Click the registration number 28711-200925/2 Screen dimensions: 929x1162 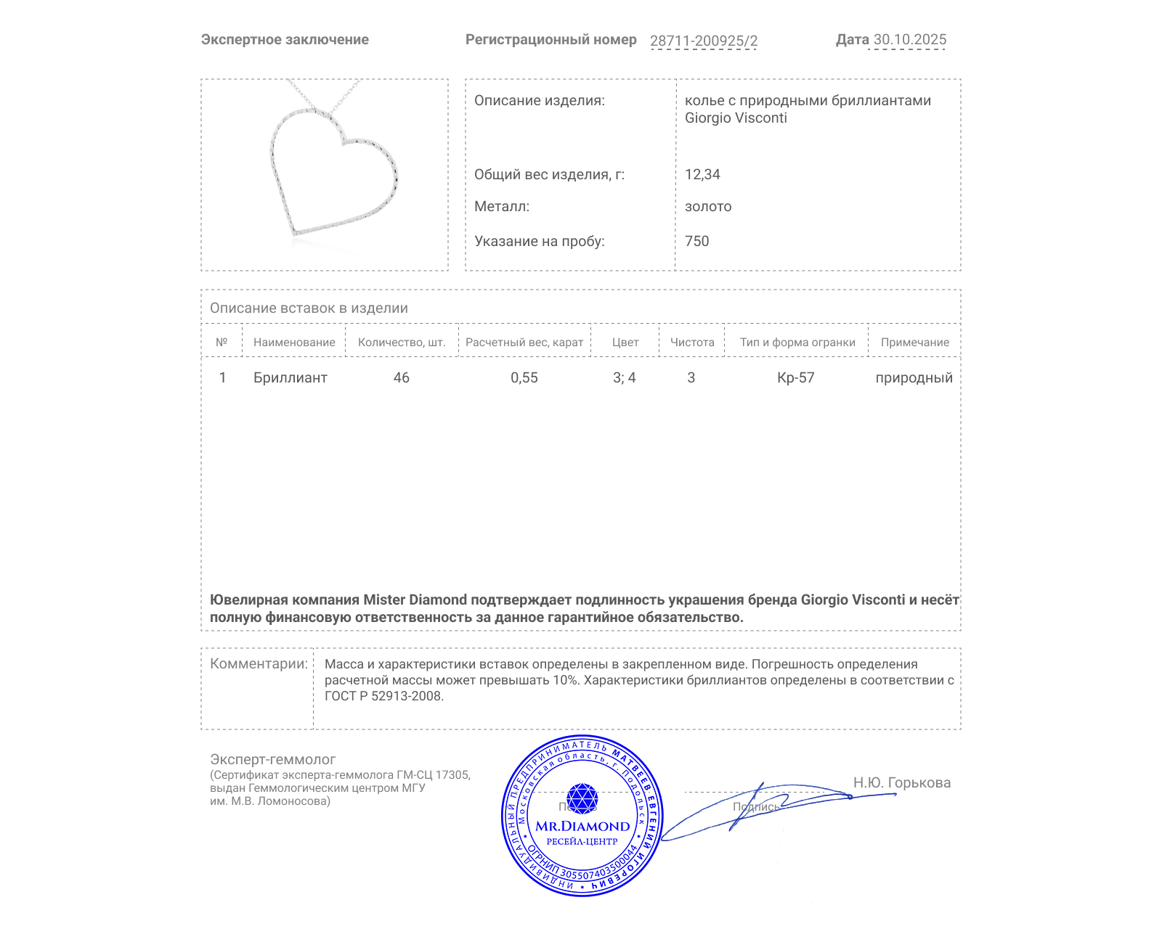703,41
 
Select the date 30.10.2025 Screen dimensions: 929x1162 909,40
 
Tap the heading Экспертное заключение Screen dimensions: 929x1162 285,40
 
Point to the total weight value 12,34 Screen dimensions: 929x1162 702,174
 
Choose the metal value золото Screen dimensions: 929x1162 708,206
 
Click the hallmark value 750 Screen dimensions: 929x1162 696,241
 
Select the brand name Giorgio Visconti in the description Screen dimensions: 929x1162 736,118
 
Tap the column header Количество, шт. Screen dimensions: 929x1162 402,343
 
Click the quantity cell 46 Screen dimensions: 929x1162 402,377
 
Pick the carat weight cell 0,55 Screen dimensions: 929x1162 524,377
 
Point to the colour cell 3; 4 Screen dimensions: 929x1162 625,377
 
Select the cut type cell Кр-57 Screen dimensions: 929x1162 796,377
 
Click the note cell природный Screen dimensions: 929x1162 914,377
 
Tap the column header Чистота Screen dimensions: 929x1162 692,343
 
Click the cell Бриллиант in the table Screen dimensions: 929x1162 290,377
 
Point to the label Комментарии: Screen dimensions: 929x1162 259,663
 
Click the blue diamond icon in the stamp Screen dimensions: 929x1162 582,798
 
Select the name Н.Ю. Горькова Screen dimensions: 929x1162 901,782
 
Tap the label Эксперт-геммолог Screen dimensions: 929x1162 272,759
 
